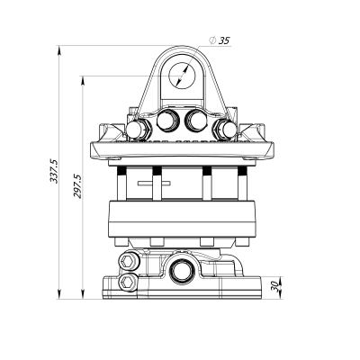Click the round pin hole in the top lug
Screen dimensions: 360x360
coord(183,76)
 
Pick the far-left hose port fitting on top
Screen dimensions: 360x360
coord(137,131)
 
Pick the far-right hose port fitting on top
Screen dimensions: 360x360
coord(225,131)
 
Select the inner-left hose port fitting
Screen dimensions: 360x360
coord(166,121)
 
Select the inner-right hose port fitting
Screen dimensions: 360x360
coord(196,121)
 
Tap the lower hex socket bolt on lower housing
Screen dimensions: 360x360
coord(129,283)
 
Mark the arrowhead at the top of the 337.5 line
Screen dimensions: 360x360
coord(59,47)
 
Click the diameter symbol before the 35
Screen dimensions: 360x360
coord(211,40)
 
